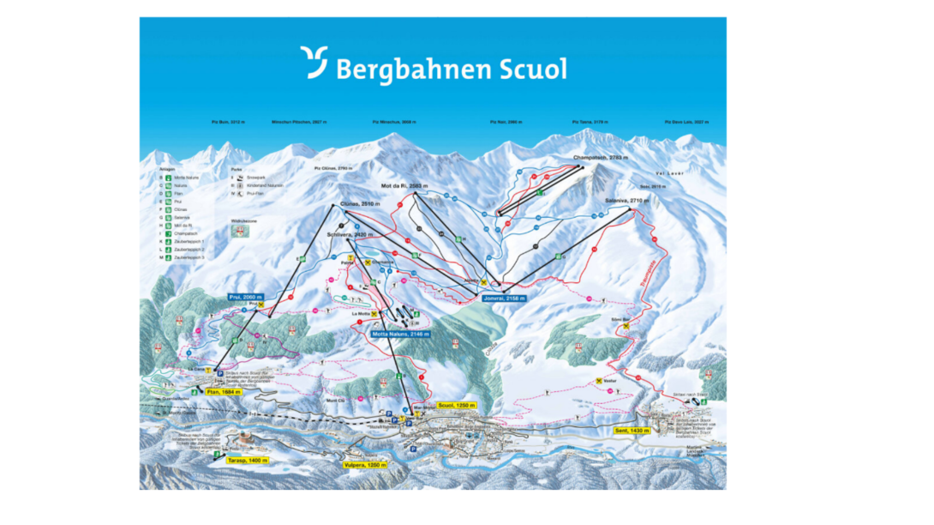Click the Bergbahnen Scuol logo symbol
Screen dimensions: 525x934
pyautogui.click(x=314, y=63)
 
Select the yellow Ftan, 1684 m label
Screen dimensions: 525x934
pyautogui.click(x=226, y=392)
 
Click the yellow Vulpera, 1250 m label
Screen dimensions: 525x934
pyautogui.click(x=364, y=464)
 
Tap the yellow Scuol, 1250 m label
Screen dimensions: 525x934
pyautogui.click(x=456, y=405)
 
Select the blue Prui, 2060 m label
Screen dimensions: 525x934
pyautogui.click(x=245, y=297)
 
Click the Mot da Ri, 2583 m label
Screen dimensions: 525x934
pyautogui.click(x=403, y=186)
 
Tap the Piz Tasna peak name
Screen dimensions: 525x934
pyautogui.click(x=589, y=123)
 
